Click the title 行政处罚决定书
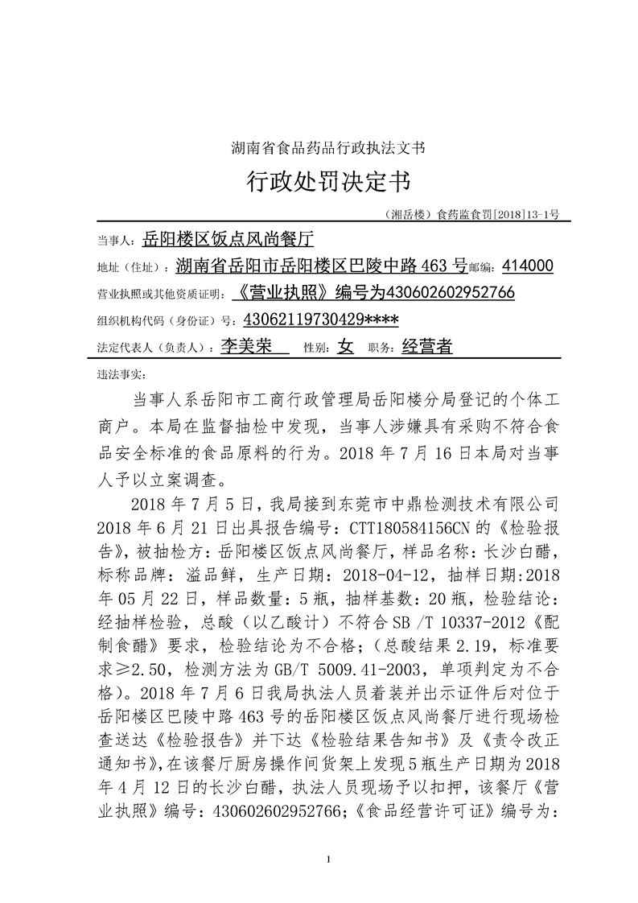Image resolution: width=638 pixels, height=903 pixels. (327, 182)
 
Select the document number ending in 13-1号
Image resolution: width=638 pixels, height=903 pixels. (472, 215)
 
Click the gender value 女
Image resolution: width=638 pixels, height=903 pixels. (345, 347)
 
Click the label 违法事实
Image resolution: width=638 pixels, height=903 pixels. (118, 374)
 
